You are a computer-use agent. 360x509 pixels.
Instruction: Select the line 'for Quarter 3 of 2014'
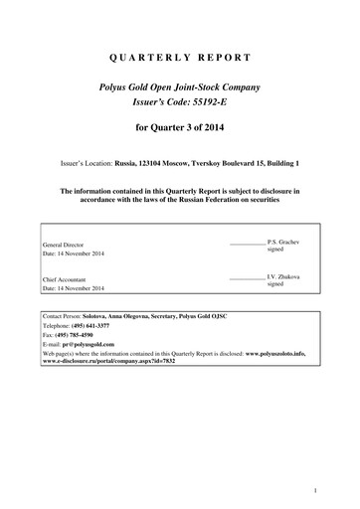click(x=179, y=129)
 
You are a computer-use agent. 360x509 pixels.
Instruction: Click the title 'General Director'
click(x=62, y=245)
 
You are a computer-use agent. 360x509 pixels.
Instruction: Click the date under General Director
click(x=74, y=254)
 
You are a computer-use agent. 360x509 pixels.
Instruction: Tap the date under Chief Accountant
click(x=74, y=289)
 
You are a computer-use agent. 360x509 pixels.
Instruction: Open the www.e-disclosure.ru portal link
click(x=120, y=361)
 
